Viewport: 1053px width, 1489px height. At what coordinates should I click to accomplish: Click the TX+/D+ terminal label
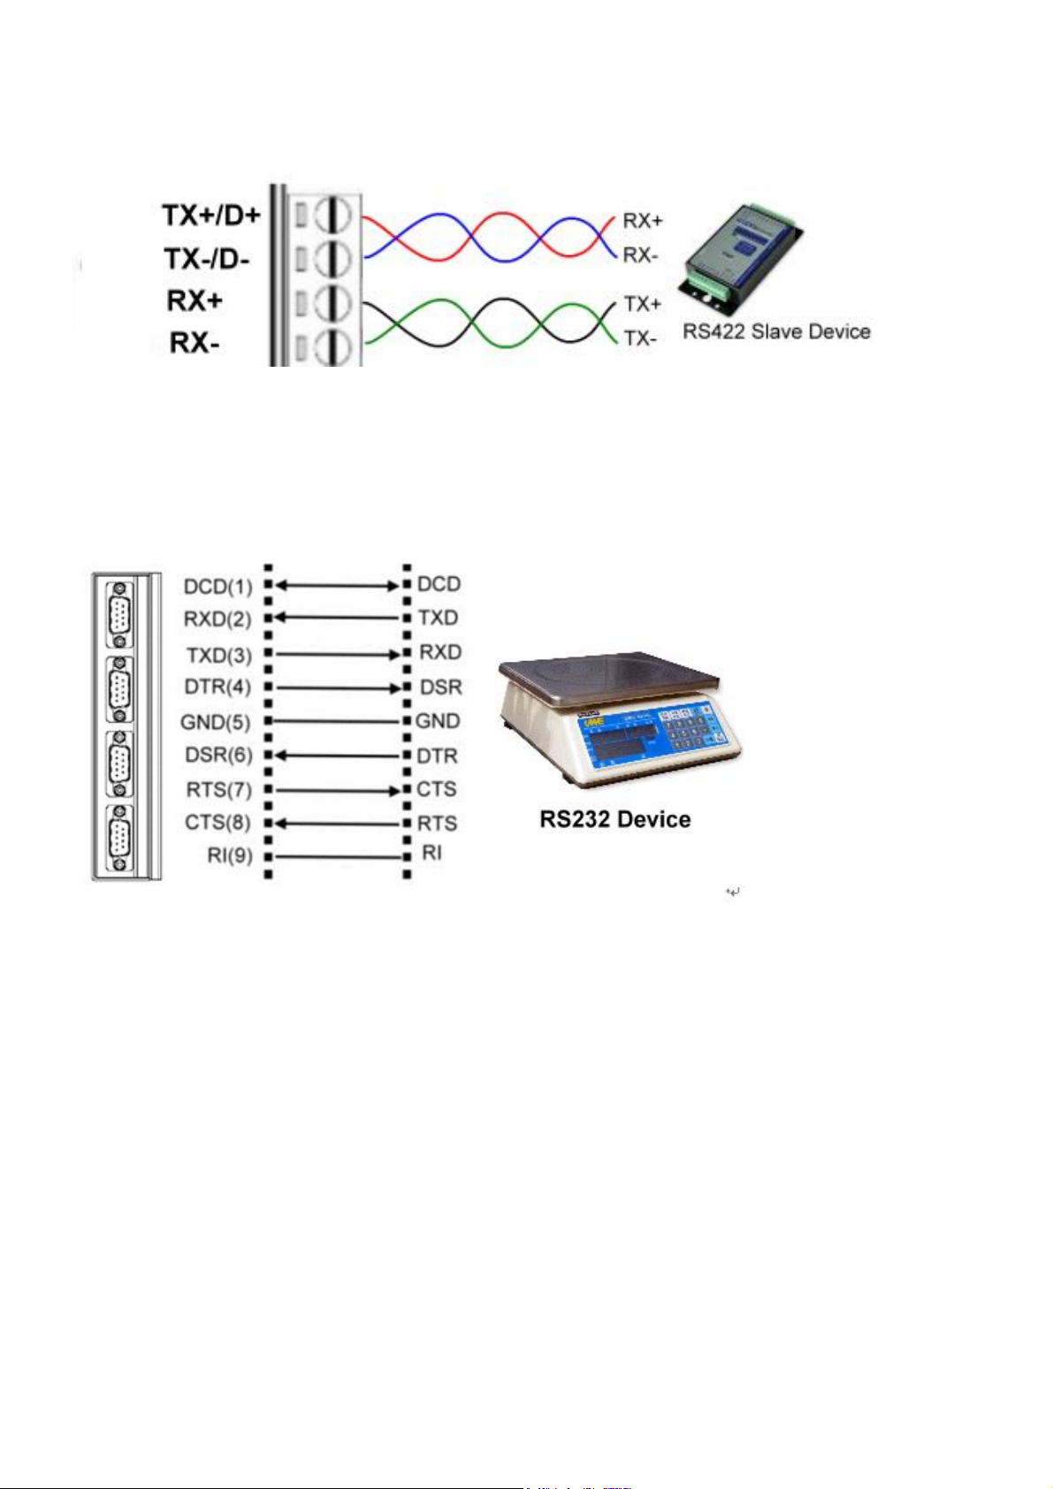pos(210,215)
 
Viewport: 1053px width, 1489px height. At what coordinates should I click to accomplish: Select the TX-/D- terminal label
pos(207,259)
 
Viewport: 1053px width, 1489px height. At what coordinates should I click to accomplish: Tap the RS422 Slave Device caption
pos(776,332)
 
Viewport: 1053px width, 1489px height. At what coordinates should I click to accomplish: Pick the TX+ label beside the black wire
pos(643,304)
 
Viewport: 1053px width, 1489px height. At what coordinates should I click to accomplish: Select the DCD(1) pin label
pos(217,587)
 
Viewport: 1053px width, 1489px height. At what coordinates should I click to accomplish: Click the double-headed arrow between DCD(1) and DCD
pos(337,585)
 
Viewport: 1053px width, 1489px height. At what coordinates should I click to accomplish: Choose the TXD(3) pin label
pos(218,656)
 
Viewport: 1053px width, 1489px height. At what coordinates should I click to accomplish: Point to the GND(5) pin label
pos(215,723)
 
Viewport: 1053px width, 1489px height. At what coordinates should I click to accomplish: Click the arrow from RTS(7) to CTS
pos(337,790)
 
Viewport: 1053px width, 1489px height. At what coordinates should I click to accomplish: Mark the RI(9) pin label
pos(229,856)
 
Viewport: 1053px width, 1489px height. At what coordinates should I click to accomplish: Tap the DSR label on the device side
pos(440,688)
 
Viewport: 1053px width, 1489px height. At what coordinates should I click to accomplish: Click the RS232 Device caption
pos(615,820)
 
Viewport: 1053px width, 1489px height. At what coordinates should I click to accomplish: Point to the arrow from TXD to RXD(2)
pos(337,619)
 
